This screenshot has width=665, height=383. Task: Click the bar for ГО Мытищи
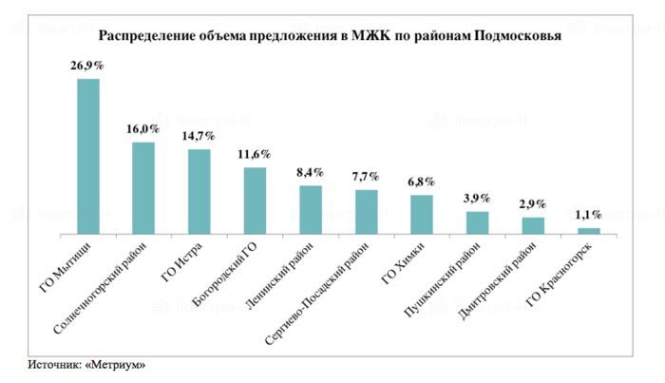87,155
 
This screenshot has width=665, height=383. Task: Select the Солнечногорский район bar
143,187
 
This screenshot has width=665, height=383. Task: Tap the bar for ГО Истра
199,190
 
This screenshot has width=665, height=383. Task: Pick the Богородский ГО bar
255,200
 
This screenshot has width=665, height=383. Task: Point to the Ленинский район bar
311,208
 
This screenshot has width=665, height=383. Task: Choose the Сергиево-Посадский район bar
366,211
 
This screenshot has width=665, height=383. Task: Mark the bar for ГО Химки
422,213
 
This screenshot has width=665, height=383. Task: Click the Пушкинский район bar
477,221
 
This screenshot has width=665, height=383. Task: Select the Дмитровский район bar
533,224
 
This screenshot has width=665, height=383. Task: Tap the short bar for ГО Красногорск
589,230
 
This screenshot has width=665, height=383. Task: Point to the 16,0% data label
143,128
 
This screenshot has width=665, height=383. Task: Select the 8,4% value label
311,173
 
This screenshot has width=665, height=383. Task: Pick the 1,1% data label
589,215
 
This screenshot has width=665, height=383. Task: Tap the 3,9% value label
477,199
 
